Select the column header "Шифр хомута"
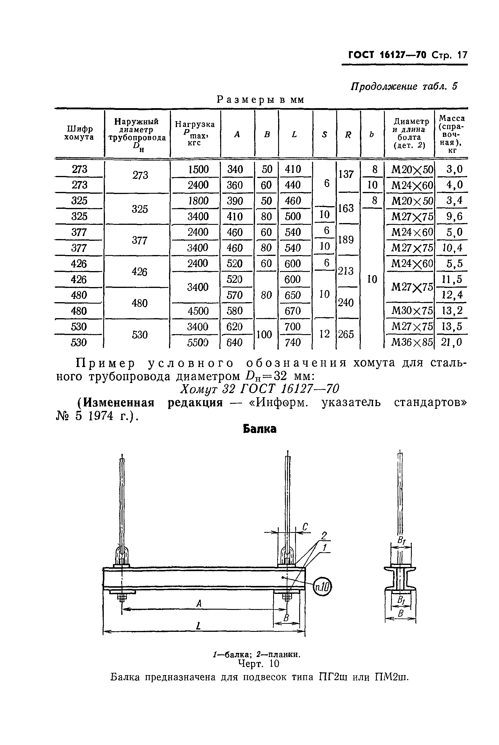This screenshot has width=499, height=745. point(79,133)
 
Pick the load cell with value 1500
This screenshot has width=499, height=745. point(198,169)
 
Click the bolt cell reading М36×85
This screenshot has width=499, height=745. point(412,342)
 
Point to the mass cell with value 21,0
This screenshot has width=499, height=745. point(452,342)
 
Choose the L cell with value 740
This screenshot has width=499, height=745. point(293,342)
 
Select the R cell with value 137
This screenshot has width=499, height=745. point(346,174)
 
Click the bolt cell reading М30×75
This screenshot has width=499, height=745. point(412,311)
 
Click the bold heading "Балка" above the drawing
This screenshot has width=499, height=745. point(259,429)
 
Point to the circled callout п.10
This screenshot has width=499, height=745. point(322,586)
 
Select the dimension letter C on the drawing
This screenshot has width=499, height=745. point(305,527)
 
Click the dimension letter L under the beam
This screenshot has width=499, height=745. point(198,626)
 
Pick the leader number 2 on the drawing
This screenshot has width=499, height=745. point(324,536)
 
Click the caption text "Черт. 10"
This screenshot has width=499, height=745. point(259,664)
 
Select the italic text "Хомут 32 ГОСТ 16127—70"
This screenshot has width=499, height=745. point(260,389)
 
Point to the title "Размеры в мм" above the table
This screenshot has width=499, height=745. point(260,100)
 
